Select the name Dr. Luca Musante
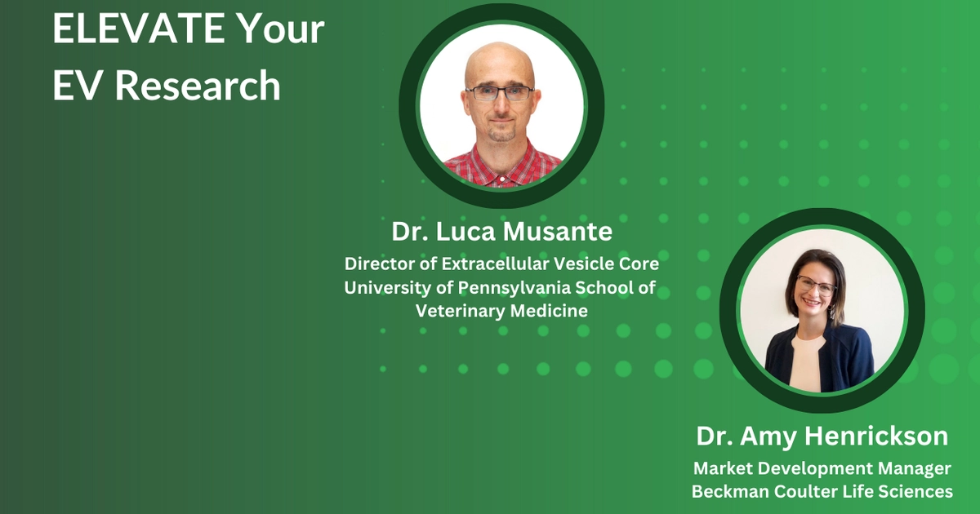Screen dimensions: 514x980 tap(501, 233)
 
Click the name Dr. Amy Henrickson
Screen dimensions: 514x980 tap(822, 436)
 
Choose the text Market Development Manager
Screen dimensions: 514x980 tap(822, 469)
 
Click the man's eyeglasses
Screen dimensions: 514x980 tap(499, 93)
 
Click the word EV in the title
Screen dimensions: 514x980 tap(78, 86)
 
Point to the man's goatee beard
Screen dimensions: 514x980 tap(501, 131)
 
